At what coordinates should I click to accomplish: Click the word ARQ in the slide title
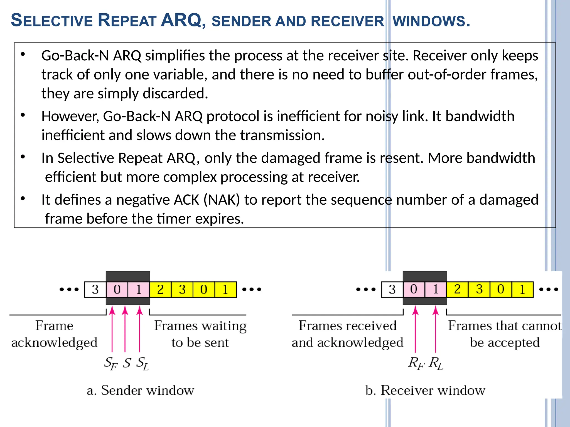click(181, 21)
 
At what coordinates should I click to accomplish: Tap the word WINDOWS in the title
click(431, 21)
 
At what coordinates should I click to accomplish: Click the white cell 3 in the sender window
click(95, 290)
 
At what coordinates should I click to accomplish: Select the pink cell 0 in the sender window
click(117, 290)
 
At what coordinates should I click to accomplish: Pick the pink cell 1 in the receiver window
click(436, 290)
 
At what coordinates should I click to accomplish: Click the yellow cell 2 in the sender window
click(160, 290)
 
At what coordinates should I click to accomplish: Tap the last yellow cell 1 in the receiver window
click(522, 290)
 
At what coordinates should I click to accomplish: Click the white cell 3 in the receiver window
click(392, 290)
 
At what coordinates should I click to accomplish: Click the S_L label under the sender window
click(142, 363)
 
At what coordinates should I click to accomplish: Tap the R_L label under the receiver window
click(436, 363)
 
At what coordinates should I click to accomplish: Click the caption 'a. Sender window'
click(140, 390)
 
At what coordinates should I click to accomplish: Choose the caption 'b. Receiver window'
click(425, 390)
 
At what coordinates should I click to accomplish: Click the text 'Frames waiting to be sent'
click(200, 334)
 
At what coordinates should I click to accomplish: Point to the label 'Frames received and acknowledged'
click(347, 334)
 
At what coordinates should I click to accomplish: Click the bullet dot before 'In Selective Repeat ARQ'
click(23, 157)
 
